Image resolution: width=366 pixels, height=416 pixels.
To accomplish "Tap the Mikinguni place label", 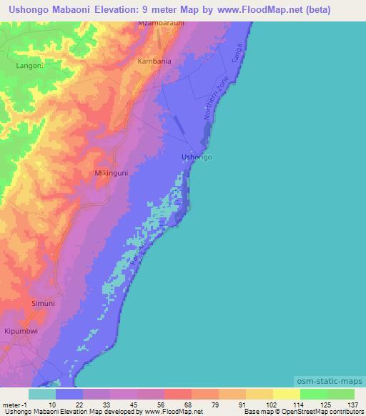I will click(x=111, y=173).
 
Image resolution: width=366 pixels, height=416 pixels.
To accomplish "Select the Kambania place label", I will click(x=154, y=61).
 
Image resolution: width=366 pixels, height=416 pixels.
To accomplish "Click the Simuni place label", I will click(x=43, y=304).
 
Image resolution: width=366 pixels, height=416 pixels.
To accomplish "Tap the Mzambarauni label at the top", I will click(x=162, y=24).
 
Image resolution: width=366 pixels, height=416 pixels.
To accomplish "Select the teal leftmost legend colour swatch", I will click(x=42, y=394).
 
